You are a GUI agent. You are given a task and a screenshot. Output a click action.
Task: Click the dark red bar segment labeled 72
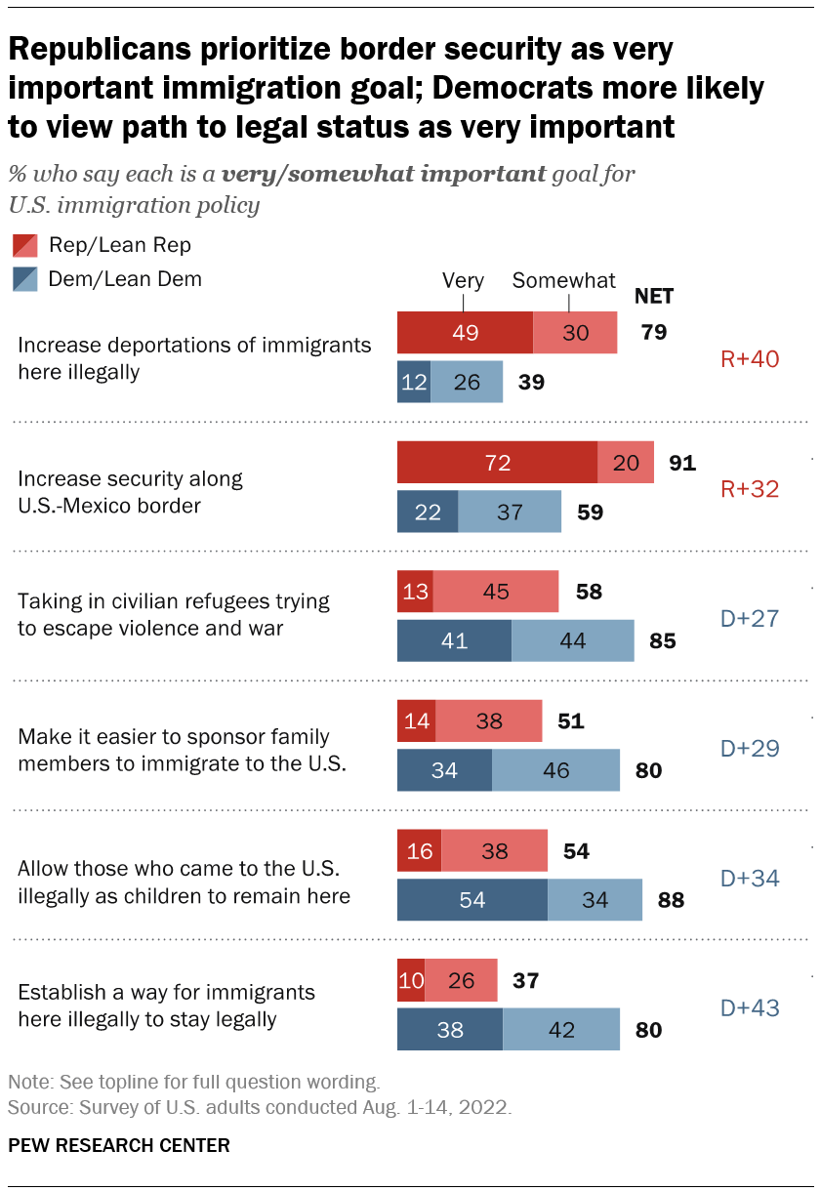pos(497,463)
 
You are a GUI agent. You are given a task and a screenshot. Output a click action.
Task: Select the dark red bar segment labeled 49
pos(465,332)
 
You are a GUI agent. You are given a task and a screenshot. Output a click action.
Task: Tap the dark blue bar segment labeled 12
pos(414,382)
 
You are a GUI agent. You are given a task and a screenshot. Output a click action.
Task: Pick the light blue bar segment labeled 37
pos(510,512)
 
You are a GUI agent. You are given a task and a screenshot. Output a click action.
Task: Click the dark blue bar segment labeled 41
pos(454,641)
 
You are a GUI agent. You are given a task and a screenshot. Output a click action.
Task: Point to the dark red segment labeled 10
pos(411,980)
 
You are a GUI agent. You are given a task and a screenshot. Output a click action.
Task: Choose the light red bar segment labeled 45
pos(496,593)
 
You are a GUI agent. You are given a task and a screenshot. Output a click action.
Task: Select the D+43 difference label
pos(749,1006)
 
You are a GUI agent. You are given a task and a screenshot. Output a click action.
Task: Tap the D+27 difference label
pos(749,618)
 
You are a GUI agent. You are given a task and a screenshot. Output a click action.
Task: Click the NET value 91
pos(681,463)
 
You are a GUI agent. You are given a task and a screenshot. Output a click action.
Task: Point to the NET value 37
pos(527,980)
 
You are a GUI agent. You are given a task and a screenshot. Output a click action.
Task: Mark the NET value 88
pos(670,900)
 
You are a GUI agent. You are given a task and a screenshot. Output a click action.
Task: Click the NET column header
pos(654,297)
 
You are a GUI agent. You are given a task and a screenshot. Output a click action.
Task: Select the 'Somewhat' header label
pos(564,281)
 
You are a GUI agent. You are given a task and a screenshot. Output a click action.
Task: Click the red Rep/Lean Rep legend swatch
pos(25,245)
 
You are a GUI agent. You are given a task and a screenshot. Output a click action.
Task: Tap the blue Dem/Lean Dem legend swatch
pos(25,278)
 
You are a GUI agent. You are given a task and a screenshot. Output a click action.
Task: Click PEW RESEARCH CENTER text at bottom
pos(119,1145)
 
